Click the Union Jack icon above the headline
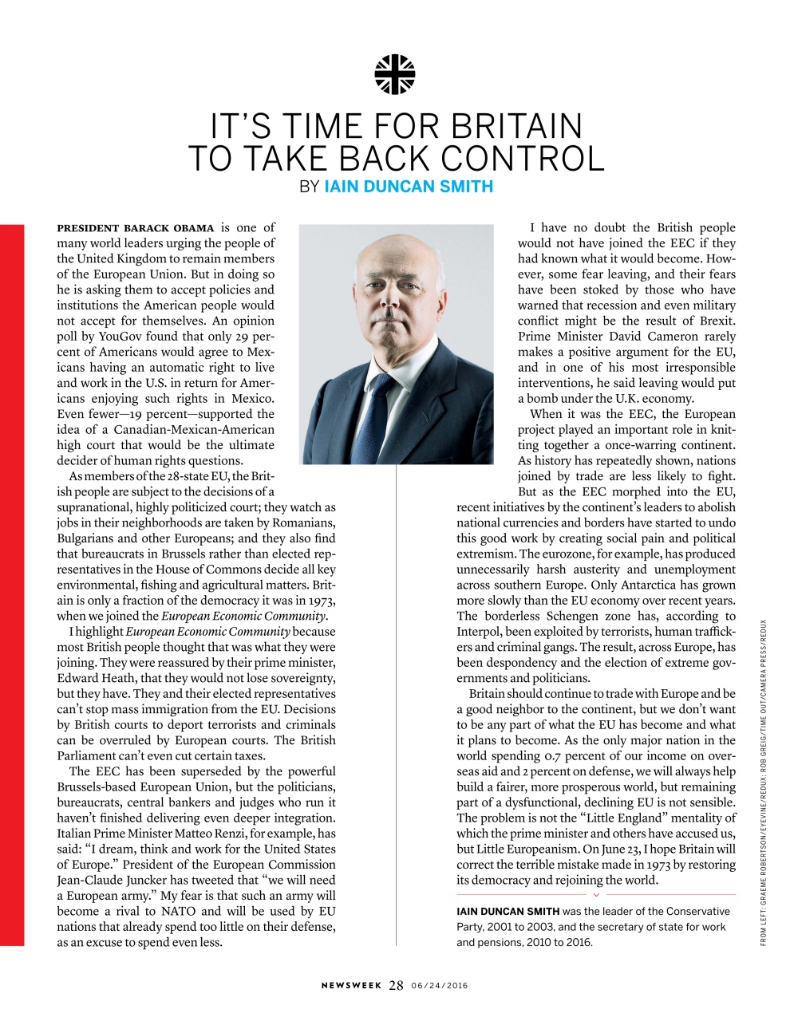point(395,74)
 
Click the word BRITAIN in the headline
point(516,127)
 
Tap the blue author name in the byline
point(409,187)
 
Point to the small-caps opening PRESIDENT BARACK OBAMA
point(135,228)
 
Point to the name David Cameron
point(654,337)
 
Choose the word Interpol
point(479,632)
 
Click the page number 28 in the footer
point(396,985)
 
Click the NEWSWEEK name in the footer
point(352,986)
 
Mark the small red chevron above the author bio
point(596,894)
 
